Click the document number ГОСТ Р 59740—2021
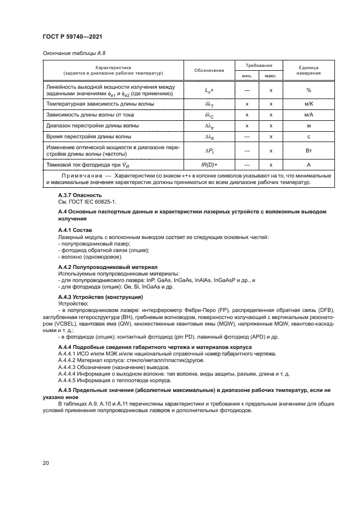[72, 36]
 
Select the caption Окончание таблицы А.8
[70, 53]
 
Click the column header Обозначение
[209, 70]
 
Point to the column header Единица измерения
[308, 70]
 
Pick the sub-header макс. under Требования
[271, 76]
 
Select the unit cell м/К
[308, 103]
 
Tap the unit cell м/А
[308, 115]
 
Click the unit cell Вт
[308, 150]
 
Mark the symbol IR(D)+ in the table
[209, 164]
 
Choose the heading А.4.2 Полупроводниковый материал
[107, 267]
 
